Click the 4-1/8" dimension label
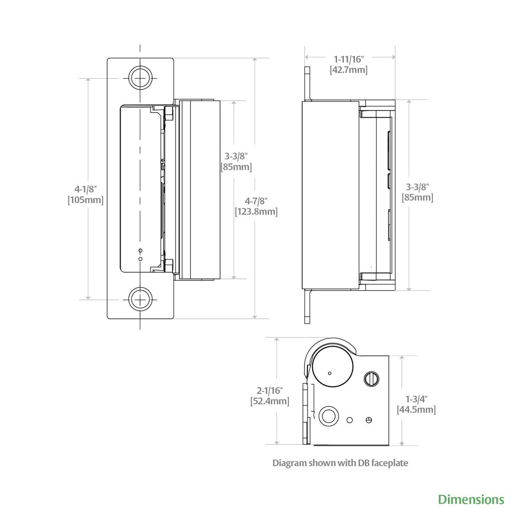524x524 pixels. [x=85, y=189]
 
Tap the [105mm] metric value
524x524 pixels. [x=85, y=200]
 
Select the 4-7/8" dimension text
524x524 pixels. [x=256, y=201]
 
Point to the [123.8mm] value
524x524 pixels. [x=256, y=211]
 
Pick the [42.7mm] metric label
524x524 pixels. [x=349, y=70]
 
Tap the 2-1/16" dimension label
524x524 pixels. [x=270, y=390]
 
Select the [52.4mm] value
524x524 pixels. [x=270, y=401]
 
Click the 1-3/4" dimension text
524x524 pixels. [x=417, y=399]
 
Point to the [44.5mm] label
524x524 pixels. [x=417, y=410]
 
